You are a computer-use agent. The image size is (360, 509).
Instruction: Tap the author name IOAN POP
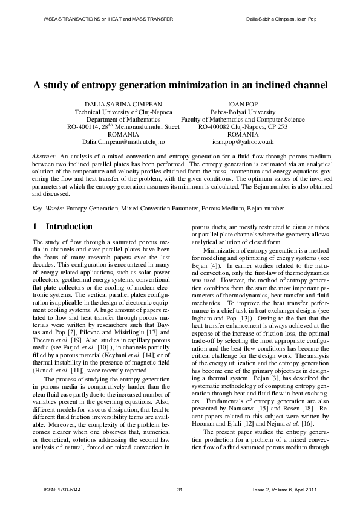click(243, 104)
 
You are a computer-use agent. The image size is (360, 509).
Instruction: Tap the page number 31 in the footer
click(180, 489)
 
